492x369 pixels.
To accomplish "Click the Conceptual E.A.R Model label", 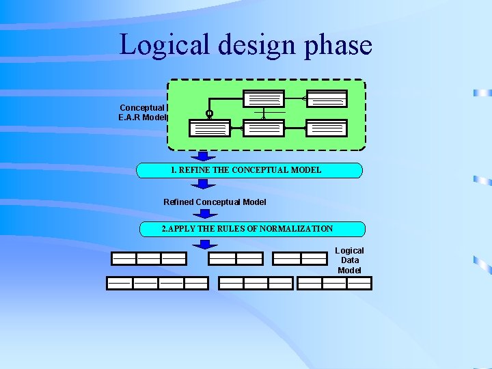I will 142,112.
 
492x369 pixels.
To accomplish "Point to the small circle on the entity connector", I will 209,113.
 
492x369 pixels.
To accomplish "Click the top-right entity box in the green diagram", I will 327,99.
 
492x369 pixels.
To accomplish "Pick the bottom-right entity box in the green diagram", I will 327,128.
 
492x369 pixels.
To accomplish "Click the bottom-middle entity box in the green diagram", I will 264,128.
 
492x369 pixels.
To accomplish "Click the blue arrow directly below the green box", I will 203,156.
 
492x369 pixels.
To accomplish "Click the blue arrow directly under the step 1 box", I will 203,184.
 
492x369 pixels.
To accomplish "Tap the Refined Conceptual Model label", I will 215,202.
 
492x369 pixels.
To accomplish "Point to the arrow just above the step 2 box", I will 203,214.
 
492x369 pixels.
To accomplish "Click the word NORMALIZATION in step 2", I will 296,229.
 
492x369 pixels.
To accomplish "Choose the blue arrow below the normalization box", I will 204,244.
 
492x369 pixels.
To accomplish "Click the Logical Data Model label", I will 349,260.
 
